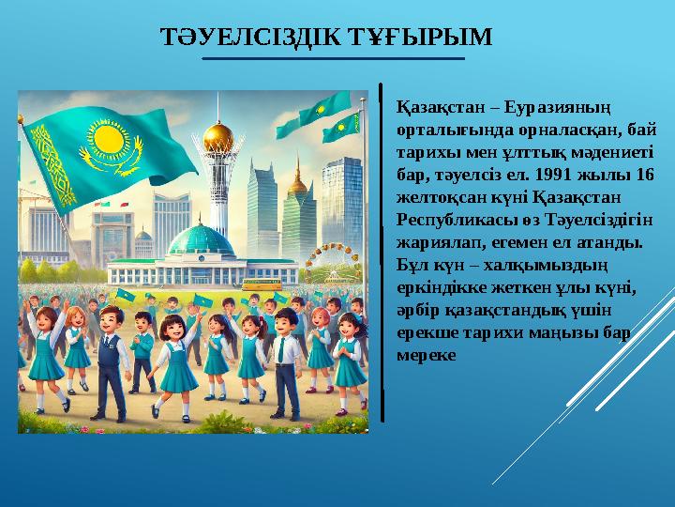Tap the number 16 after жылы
pos(644,176)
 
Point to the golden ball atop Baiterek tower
pos(217,134)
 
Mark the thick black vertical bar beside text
pos(382,253)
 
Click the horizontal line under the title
pos(334,58)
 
